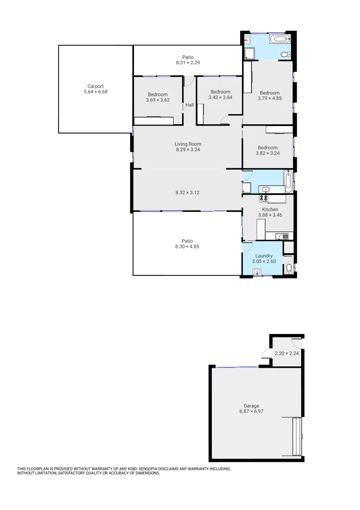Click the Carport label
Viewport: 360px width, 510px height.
[x=95, y=86]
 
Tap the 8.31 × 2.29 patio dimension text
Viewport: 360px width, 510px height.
[x=188, y=62]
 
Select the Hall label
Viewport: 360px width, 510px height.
[x=189, y=105]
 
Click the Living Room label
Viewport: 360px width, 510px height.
[x=188, y=144]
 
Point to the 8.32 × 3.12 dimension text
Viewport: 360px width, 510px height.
[x=187, y=192]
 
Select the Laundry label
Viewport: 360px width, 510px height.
[x=264, y=255]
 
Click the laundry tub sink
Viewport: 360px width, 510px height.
[x=258, y=272]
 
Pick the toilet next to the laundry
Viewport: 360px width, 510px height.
[x=289, y=269]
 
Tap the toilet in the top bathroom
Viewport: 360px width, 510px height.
[x=285, y=55]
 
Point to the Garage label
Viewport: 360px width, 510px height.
[x=251, y=406]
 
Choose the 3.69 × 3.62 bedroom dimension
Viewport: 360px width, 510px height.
[x=158, y=100]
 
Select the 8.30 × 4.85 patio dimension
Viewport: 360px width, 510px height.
[x=187, y=246]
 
